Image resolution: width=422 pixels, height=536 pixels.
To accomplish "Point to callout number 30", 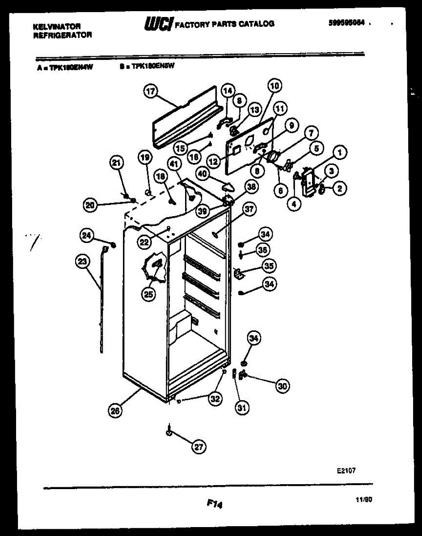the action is (x=282, y=386).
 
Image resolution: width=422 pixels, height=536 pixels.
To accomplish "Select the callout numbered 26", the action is (x=116, y=411).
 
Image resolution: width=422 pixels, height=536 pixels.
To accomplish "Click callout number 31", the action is (x=243, y=407).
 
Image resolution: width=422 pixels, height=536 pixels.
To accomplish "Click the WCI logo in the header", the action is (x=157, y=24).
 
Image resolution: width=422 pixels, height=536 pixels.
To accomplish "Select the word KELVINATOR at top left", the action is (x=56, y=27).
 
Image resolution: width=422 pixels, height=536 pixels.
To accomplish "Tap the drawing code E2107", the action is (x=346, y=470).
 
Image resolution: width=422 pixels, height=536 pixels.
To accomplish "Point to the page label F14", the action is (x=215, y=503).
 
